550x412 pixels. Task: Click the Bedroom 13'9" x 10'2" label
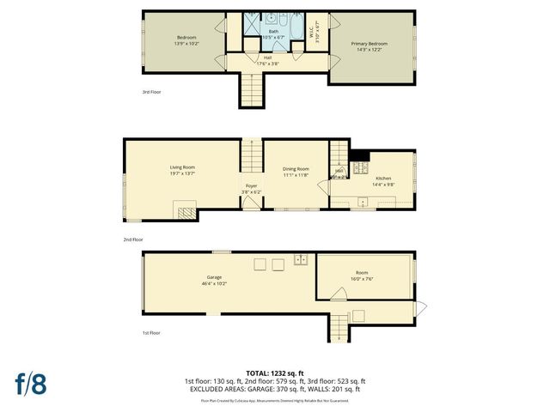click(186, 40)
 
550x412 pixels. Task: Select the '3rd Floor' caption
click(151, 92)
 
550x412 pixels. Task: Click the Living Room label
click(181, 169)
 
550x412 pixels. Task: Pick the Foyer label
click(251, 185)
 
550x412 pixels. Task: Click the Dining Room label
click(296, 169)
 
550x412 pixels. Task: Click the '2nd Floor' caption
click(132, 240)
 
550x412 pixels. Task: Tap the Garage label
click(214, 277)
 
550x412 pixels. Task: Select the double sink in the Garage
click(301, 259)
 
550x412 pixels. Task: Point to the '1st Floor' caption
click(151, 332)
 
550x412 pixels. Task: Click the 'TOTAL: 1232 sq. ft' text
click(275, 373)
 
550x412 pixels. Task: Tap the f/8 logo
click(31, 384)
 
